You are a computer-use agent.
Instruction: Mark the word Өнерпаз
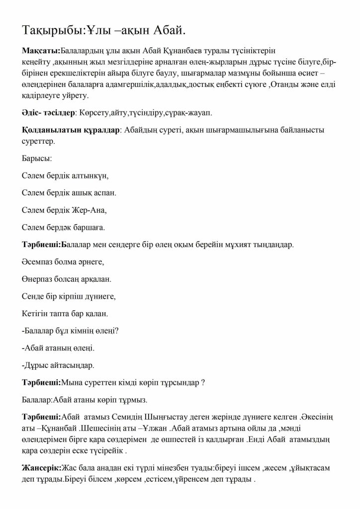[x=39, y=279]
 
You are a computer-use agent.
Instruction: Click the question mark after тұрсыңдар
[x=203, y=383]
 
